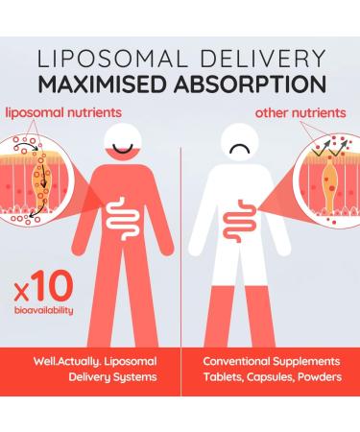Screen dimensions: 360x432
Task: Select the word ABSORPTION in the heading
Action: pos(247,85)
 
